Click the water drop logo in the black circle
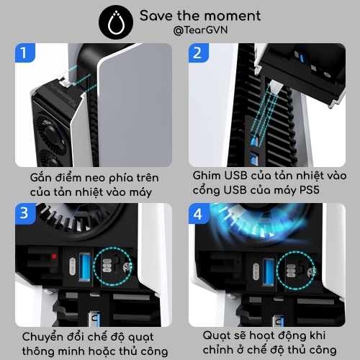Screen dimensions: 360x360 pos(116,22)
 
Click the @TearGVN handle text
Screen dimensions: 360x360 pos(200,30)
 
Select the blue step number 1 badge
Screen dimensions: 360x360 pos(25,53)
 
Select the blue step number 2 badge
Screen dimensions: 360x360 pos(198,53)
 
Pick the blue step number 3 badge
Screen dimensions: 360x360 pos(25,213)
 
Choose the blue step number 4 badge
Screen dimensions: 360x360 pos(199,213)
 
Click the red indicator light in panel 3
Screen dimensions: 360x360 pos(54,256)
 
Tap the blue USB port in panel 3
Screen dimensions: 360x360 pos(84,266)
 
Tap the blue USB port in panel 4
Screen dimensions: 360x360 pos(269,272)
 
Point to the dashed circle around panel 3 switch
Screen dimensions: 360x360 pos(94,266)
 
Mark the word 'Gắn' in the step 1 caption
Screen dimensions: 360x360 pos(41,177)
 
